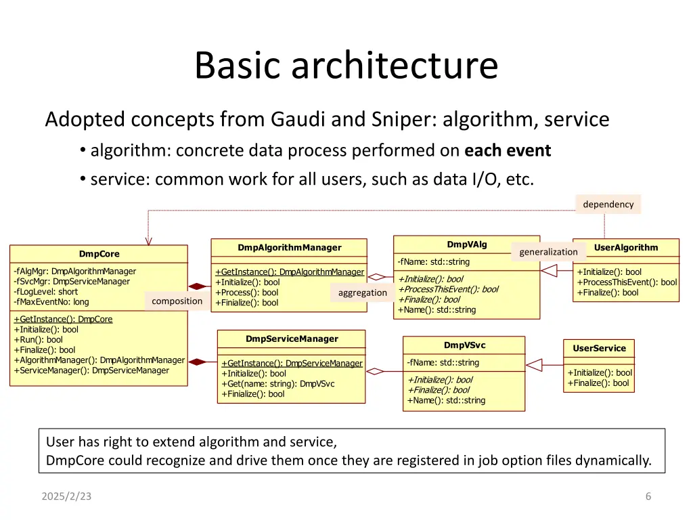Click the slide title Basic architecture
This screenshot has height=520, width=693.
click(x=346, y=66)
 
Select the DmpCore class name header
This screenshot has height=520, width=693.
click(x=99, y=254)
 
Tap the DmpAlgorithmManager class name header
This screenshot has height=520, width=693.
click(x=289, y=247)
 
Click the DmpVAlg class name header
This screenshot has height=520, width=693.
click(x=466, y=244)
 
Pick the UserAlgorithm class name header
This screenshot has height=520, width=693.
click(x=625, y=247)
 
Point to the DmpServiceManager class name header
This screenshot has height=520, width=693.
click(x=291, y=339)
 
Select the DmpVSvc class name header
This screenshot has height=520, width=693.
click(x=464, y=345)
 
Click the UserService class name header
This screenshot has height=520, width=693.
click(x=599, y=348)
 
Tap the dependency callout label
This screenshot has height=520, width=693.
click(x=608, y=204)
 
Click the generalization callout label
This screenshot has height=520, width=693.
click(x=548, y=251)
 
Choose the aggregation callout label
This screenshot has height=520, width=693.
click(x=363, y=292)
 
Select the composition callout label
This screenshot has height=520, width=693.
click(x=177, y=301)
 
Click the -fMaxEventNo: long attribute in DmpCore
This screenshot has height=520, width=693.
click(x=51, y=302)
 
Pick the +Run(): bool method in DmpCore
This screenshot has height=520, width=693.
click(x=38, y=340)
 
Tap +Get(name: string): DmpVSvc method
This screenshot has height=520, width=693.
click(x=277, y=384)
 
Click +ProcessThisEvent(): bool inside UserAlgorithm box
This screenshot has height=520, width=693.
click(x=626, y=282)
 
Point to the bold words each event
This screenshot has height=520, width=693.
click(x=508, y=150)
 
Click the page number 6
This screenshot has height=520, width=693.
click(x=648, y=496)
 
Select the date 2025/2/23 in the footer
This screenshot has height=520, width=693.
click(x=66, y=496)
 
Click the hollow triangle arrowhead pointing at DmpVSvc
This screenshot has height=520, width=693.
click(x=534, y=365)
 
